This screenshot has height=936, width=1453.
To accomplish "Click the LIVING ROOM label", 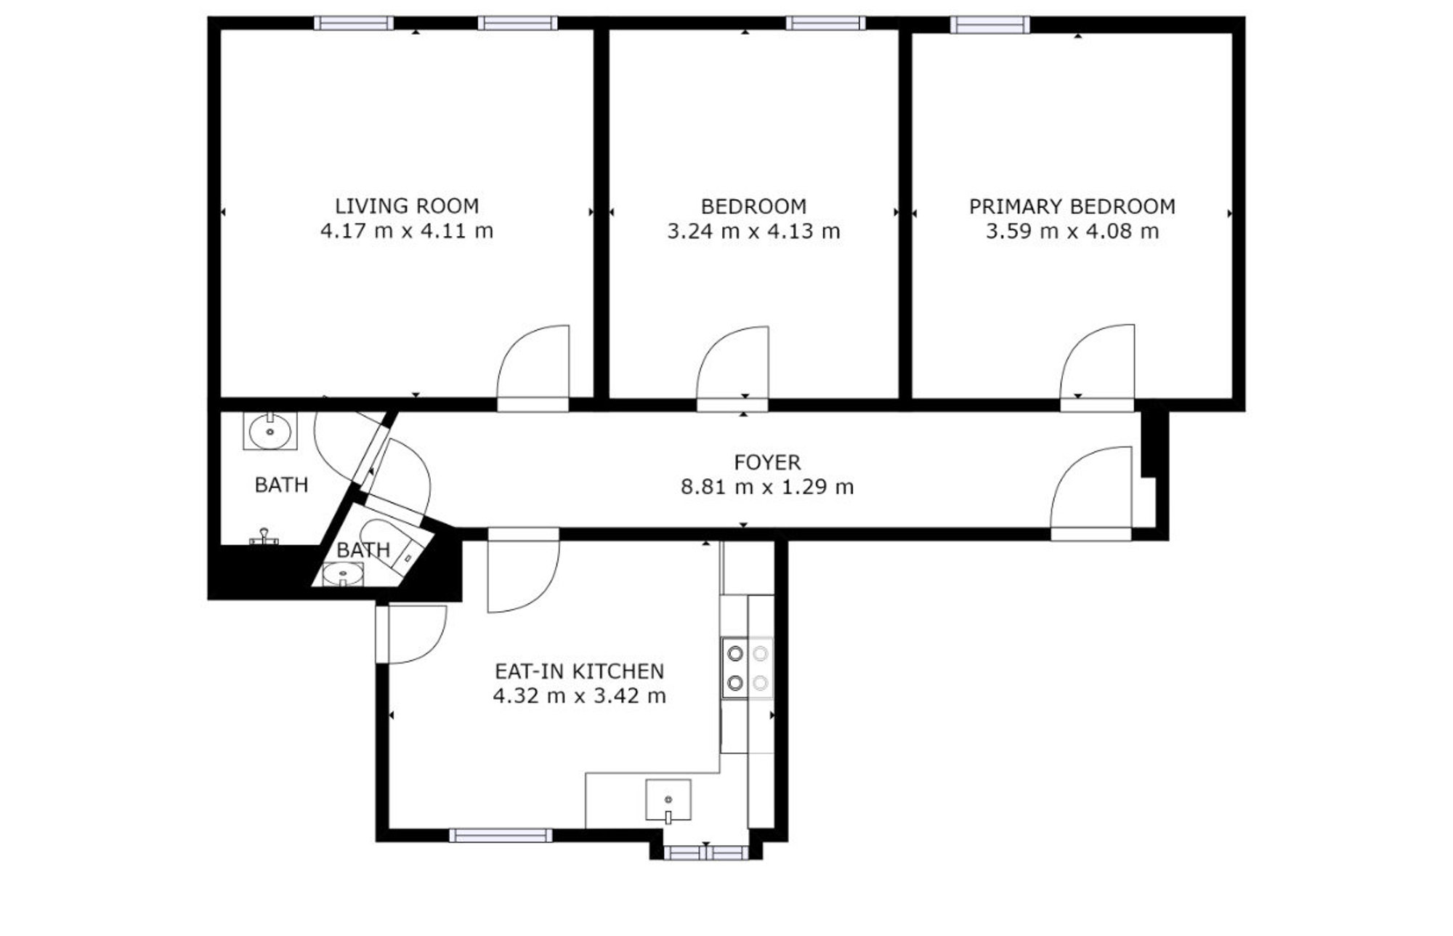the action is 407,206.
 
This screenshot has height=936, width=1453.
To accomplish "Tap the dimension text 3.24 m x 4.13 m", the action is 753,231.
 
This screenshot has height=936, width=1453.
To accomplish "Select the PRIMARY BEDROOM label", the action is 1072,206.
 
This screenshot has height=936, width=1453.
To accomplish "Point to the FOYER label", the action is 767,462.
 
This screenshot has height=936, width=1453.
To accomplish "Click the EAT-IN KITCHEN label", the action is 579,671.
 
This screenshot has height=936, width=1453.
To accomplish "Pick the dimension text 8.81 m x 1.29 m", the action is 767,487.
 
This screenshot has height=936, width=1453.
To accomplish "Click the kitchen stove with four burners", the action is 748,668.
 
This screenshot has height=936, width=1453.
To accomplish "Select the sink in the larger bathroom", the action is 270,432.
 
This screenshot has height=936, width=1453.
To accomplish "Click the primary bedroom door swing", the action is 1097,361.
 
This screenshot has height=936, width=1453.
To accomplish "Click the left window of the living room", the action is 354,23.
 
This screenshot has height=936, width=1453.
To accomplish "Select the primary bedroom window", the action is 990,25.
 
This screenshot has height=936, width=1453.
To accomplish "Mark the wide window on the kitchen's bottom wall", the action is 501,836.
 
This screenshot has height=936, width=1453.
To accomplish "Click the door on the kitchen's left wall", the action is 411,634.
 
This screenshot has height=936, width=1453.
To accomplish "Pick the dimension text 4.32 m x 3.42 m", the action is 579,695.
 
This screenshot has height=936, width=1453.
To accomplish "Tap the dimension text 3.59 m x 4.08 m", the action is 1072,231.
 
